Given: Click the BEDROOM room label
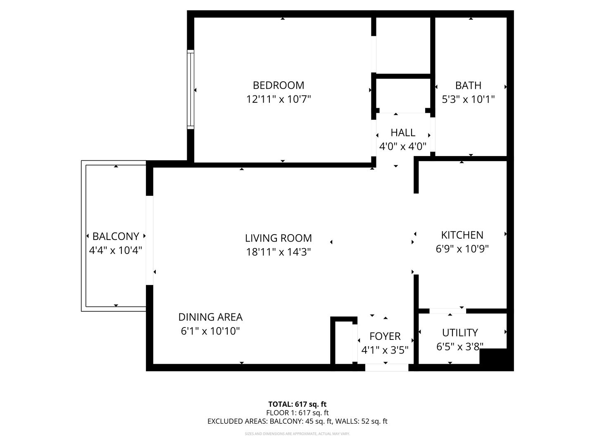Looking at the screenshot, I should point(278,85).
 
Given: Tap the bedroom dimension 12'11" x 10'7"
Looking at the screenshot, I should point(278,99).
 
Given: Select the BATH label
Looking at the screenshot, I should point(468,85).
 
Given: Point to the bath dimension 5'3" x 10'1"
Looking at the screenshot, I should point(468,99).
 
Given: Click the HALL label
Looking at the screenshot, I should point(403,133).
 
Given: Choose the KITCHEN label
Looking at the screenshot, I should point(462,235).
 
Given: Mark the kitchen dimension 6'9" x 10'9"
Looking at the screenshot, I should point(462,249).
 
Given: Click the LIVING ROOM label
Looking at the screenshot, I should point(278,238).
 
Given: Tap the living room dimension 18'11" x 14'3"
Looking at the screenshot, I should point(278,252).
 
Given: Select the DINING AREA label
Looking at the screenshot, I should point(210,317).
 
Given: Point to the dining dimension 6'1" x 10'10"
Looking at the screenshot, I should point(210,331).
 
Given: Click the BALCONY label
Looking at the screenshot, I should point(116,236).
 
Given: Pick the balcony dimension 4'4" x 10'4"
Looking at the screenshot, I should point(116,250).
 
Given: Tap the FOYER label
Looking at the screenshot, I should point(385,336).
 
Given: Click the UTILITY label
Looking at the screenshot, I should point(460,332).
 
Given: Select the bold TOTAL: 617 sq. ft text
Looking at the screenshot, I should point(297,404).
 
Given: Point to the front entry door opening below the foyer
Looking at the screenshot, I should point(386,368).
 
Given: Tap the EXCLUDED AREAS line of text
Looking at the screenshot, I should point(297,421).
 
